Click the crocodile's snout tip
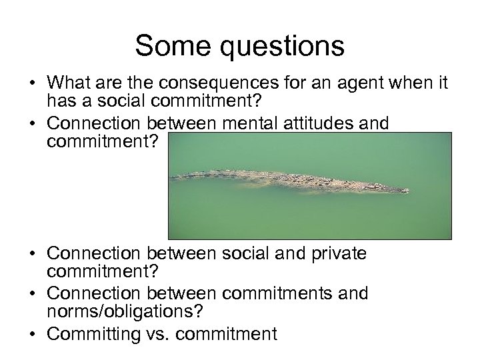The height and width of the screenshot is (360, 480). (407, 190)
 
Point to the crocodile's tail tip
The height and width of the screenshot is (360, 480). (171, 177)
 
